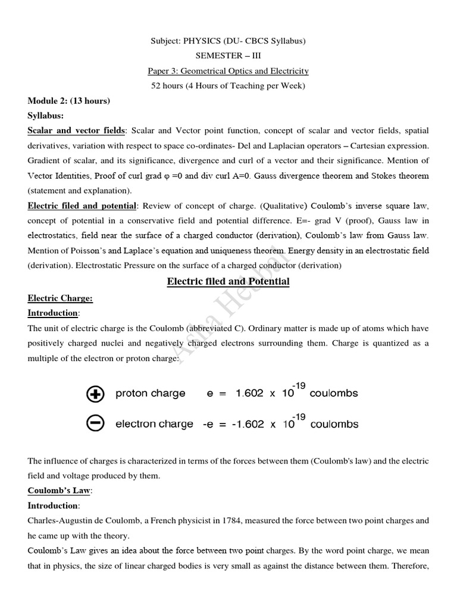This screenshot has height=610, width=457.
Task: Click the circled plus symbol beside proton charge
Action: [x=95, y=394]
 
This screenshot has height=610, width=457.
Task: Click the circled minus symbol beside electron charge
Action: [x=95, y=424]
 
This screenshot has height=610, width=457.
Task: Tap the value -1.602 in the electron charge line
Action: [x=255, y=424]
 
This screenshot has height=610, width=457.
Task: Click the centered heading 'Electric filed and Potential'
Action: [x=228, y=281]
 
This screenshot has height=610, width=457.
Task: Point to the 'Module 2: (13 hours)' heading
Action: [x=68, y=101]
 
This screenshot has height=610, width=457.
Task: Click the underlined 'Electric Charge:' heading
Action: [x=60, y=298]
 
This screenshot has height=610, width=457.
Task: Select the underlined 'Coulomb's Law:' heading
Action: [x=60, y=491]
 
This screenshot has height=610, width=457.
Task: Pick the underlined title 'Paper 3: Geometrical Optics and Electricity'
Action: [x=228, y=71]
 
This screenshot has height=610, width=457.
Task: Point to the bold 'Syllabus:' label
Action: [x=46, y=116]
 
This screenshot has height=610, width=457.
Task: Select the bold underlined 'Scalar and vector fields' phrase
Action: [x=76, y=130]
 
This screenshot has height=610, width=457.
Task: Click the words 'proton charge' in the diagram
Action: [x=150, y=394]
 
